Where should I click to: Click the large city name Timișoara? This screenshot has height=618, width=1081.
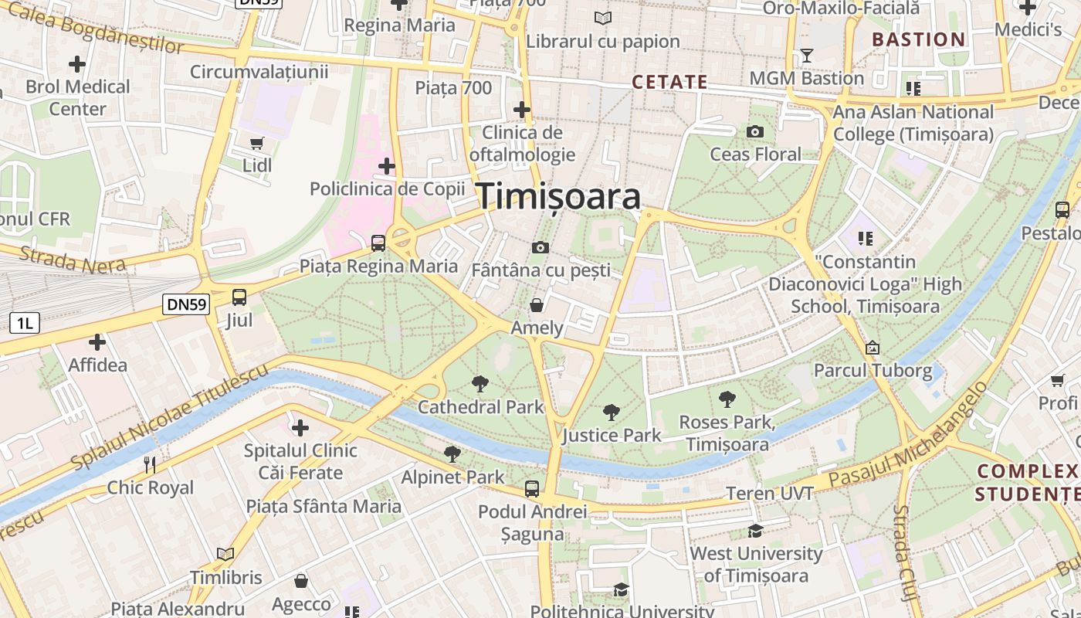coord(559,196)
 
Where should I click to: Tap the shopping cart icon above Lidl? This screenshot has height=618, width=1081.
coord(257,143)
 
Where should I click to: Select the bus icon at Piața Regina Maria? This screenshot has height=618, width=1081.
coord(378,243)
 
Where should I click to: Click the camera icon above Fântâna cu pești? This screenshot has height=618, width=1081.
coord(540,247)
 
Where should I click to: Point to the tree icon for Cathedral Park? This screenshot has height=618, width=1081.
coord(480,383)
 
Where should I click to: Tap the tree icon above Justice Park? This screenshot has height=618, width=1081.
coord(612,413)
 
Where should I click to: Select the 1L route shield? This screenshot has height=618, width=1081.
coord(24,323)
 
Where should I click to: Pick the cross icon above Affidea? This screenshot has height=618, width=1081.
coord(97,341)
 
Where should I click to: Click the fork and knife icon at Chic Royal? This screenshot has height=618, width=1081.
coord(151,464)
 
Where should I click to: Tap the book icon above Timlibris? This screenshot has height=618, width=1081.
coord(225,554)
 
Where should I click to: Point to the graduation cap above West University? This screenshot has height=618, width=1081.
coord(755,531)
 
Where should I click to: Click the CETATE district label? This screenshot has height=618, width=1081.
coord(669,82)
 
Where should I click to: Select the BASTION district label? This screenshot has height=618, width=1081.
coord(918,39)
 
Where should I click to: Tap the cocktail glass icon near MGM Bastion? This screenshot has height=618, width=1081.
coord(807,56)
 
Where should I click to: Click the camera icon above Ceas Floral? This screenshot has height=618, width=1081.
coord(755,132)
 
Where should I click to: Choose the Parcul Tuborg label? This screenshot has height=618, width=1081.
coord(873,371)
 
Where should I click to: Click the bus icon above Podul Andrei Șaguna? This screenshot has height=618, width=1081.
coord(532,488)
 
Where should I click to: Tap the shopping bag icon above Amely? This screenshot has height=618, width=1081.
coord(537,305)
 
